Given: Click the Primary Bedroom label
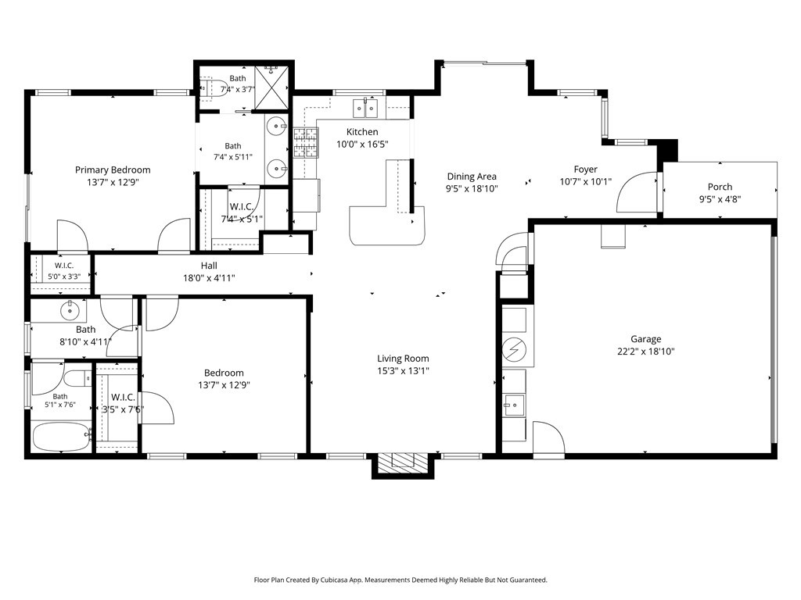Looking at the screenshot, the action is (113, 170).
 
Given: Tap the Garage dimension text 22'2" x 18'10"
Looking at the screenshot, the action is (645, 352).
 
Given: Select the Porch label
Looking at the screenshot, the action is (720, 187).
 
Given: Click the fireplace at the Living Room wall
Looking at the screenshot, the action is (403, 463).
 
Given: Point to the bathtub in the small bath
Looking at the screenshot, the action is (61, 437).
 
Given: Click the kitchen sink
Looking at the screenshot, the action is (365, 108).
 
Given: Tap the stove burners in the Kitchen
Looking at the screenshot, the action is (306, 142).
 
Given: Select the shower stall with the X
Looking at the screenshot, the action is (271, 87).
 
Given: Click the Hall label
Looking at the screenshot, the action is (208, 266).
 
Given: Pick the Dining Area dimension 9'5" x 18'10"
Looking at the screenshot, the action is (472, 189).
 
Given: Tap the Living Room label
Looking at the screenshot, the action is (403, 359).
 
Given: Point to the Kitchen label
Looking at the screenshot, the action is (362, 131).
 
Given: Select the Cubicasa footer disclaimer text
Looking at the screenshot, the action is (400, 580).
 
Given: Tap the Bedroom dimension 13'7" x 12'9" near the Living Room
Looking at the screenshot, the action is (224, 385).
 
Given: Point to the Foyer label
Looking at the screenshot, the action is (585, 170).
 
